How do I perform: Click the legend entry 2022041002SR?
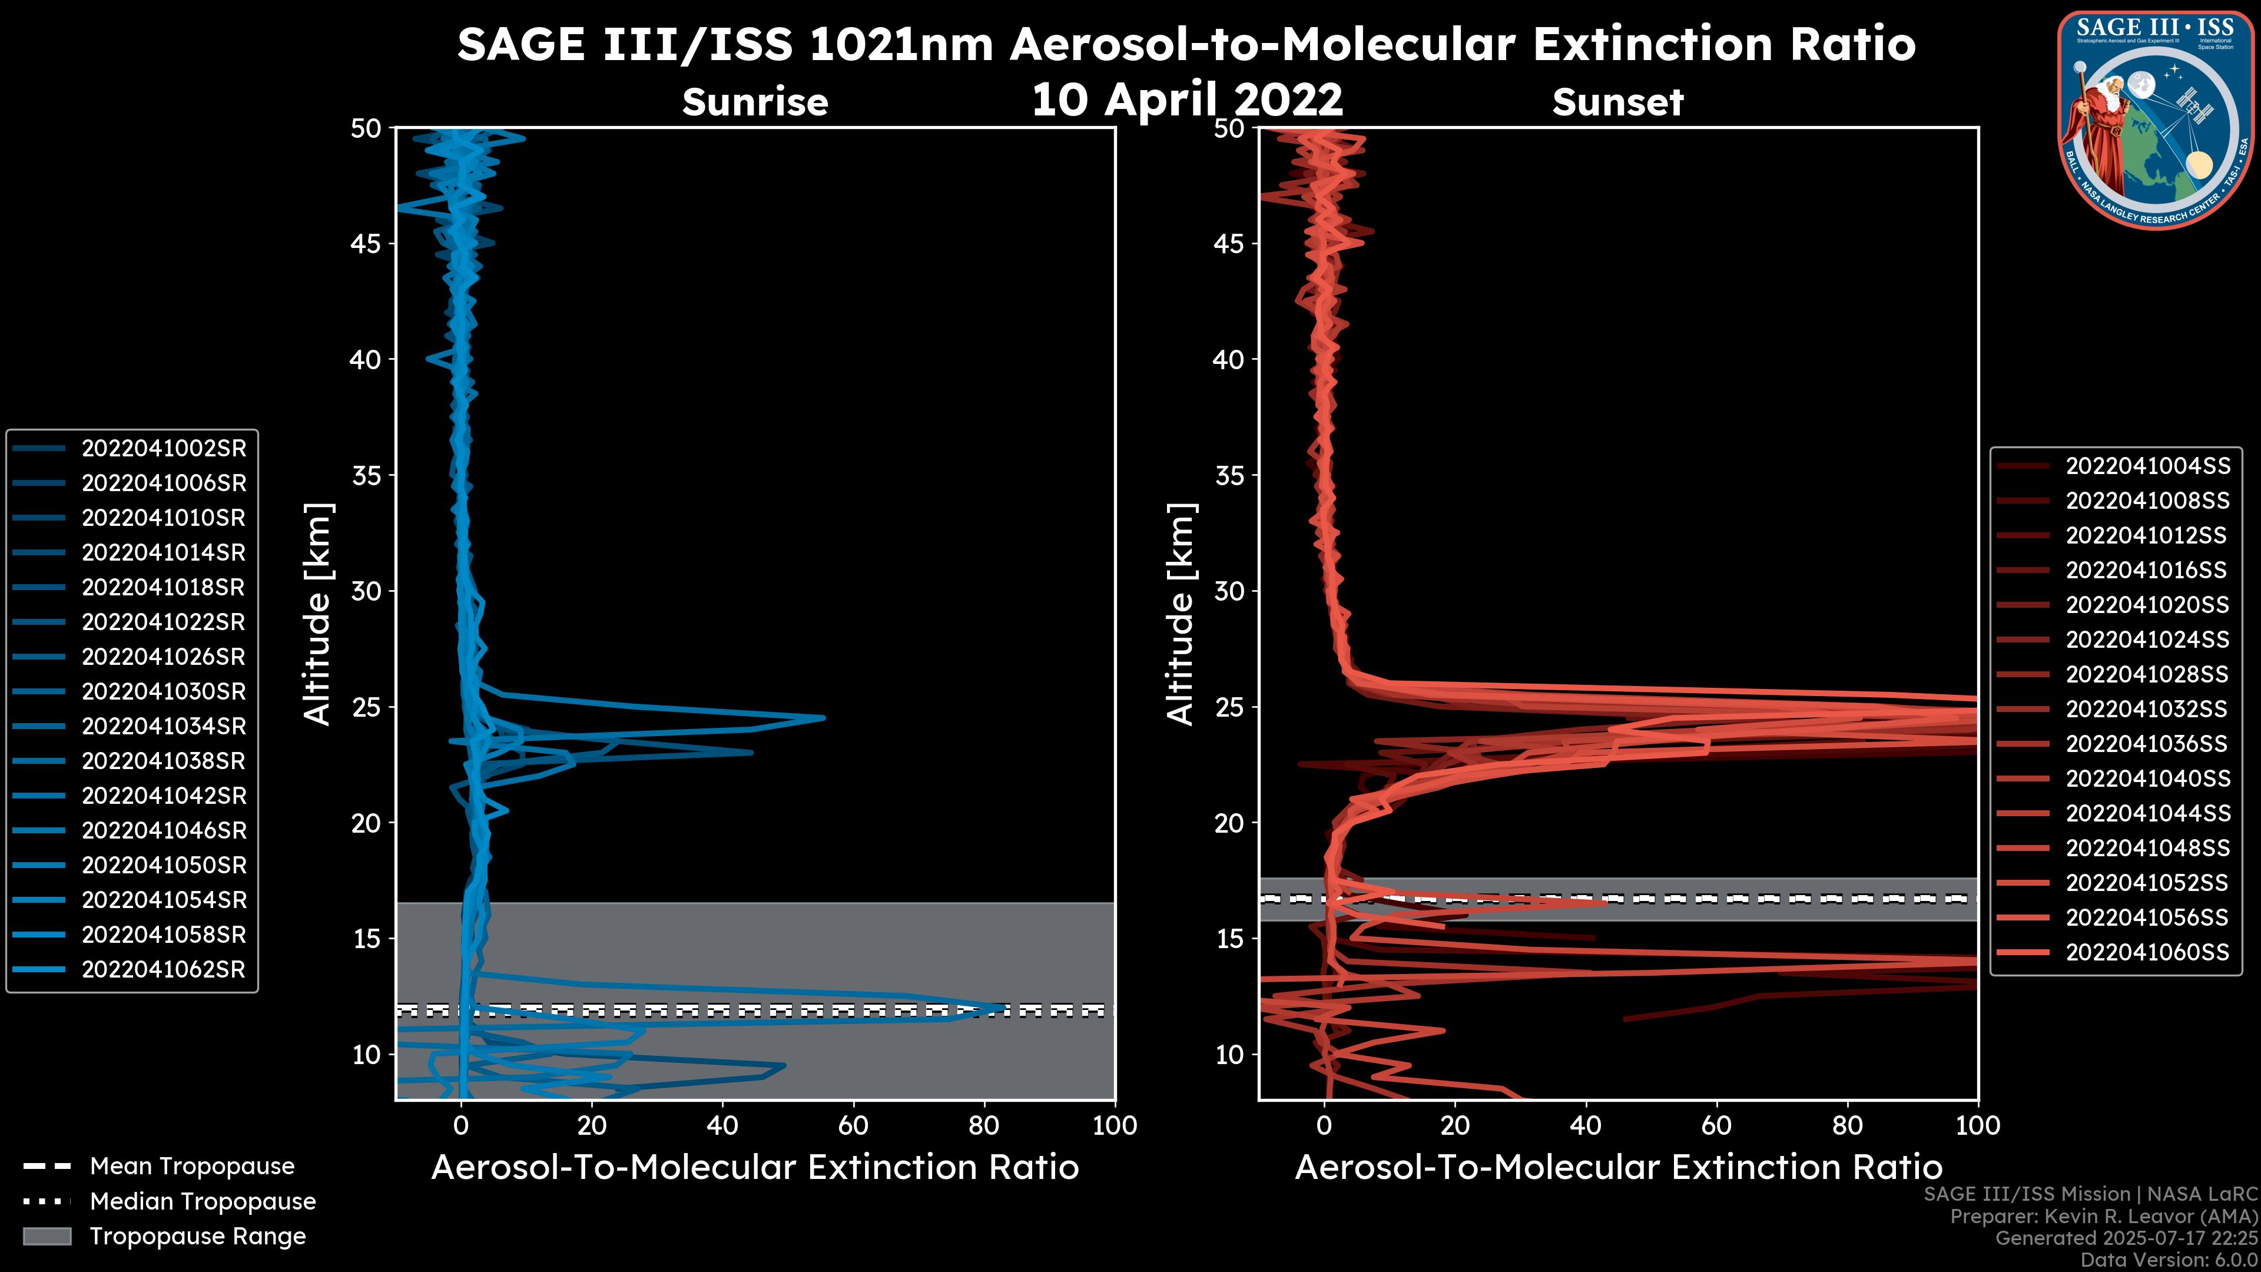coord(163,449)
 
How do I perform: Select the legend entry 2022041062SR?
coord(163,970)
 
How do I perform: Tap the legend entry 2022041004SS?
coord(2147,466)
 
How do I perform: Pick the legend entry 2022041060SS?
coord(2147,952)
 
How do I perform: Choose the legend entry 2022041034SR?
coord(163,727)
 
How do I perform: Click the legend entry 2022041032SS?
coord(2147,709)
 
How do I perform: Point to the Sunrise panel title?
coord(755,102)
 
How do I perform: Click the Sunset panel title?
coord(1617,102)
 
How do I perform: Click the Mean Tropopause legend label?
coord(192,1167)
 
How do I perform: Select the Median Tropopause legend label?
coord(203,1202)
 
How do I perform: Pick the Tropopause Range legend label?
coord(197,1237)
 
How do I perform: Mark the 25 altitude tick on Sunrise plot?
coord(366,707)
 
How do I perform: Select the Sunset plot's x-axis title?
coord(1617,1168)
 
